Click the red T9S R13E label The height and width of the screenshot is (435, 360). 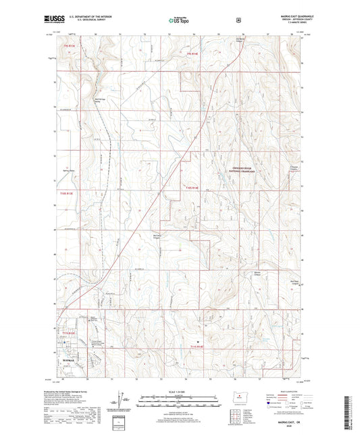[63, 46]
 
